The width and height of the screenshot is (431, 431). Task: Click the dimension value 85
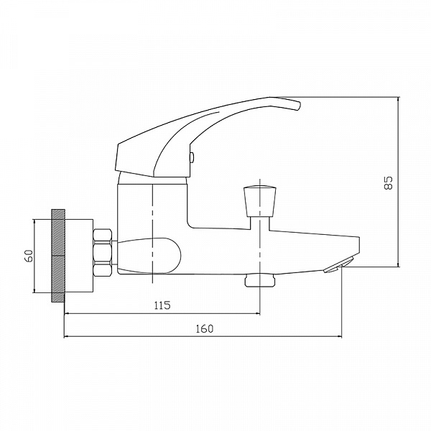click(x=389, y=182)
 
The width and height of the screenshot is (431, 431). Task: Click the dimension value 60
click(x=29, y=256)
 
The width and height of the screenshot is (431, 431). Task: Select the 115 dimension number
click(x=162, y=305)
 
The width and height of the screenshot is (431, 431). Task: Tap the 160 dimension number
click(x=205, y=328)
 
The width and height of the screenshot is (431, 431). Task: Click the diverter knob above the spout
click(x=260, y=201)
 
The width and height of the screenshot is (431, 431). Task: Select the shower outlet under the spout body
click(x=260, y=280)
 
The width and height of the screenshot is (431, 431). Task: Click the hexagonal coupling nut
click(x=103, y=253)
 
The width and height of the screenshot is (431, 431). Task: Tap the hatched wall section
click(x=58, y=256)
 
